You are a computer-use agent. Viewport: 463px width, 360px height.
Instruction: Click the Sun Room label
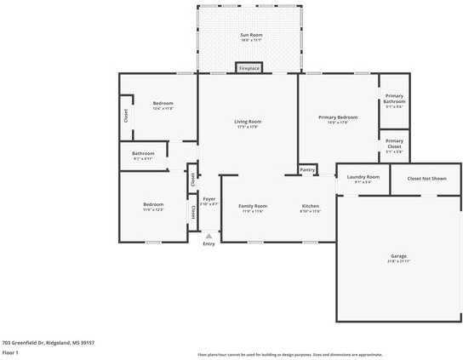(250, 35)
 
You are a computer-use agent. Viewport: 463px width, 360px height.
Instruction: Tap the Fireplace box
(249, 68)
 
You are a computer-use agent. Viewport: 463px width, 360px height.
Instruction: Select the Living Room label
(248, 122)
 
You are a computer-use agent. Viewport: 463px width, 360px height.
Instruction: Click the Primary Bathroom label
(394, 98)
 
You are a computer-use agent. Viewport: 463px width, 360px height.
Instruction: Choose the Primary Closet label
(394, 142)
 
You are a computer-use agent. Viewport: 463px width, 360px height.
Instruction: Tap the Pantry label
(307, 170)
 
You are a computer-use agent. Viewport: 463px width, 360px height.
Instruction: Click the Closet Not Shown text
(426, 179)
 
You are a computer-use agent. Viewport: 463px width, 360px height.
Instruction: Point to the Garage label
(398, 255)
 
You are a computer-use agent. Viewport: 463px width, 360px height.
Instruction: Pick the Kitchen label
(311, 207)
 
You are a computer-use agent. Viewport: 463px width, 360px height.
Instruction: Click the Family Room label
(253, 207)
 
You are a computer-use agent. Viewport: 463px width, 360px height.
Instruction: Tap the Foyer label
(209, 200)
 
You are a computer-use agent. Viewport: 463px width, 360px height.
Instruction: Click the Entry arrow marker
(209, 236)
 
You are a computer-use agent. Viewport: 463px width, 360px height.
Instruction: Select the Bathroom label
(143, 154)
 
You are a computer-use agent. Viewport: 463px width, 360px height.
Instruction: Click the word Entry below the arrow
(209, 245)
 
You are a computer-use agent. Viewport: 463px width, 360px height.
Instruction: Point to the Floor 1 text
(11, 351)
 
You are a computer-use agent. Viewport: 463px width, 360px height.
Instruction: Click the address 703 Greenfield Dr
(48, 341)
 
